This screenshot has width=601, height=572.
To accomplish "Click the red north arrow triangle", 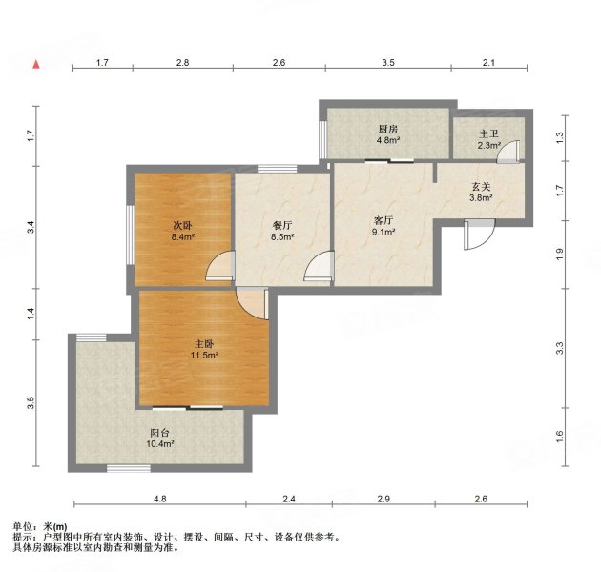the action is tap(36, 65).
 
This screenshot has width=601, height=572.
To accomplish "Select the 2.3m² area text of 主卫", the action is tap(489, 145).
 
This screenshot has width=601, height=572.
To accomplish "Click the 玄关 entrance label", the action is tap(481, 187).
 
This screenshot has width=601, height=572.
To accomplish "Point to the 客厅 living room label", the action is tap(383, 220).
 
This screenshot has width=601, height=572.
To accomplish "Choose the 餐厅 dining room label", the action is tap(282, 225).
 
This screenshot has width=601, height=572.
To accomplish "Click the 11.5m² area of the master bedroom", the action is tap(204, 356).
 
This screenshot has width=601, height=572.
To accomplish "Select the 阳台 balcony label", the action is tap(160, 434).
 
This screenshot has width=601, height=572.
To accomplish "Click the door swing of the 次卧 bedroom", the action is tap(220, 265).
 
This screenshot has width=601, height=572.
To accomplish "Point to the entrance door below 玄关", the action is tap(479, 235).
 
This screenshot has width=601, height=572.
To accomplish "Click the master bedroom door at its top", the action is tap(252, 303).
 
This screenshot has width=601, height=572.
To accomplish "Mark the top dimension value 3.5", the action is tap(388, 63).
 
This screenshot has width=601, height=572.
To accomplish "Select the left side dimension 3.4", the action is tap(31, 228).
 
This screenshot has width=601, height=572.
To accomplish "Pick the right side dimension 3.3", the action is tap(560, 348).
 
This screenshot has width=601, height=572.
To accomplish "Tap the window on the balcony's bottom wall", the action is tap(129, 468).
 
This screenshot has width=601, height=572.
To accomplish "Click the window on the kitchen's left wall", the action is tap(323, 139).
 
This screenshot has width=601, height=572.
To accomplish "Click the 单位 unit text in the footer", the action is tap(22, 527).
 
